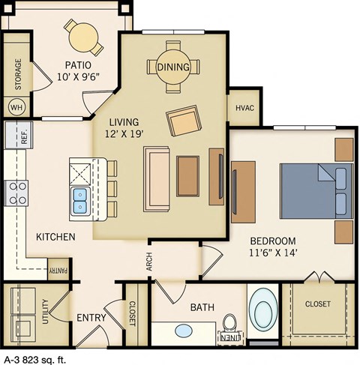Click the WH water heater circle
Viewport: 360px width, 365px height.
(16, 106)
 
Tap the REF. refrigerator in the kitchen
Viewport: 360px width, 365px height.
(16, 136)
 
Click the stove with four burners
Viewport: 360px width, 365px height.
(16, 193)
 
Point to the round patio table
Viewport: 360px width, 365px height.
(83, 37)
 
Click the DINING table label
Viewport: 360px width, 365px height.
(173, 67)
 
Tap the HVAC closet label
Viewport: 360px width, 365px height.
(245, 108)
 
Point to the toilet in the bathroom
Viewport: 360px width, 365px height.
(229, 326)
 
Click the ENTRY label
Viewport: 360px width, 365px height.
(91, 318)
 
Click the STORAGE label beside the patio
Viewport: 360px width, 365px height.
(18, 73)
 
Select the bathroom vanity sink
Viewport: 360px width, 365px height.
(183, 329)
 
